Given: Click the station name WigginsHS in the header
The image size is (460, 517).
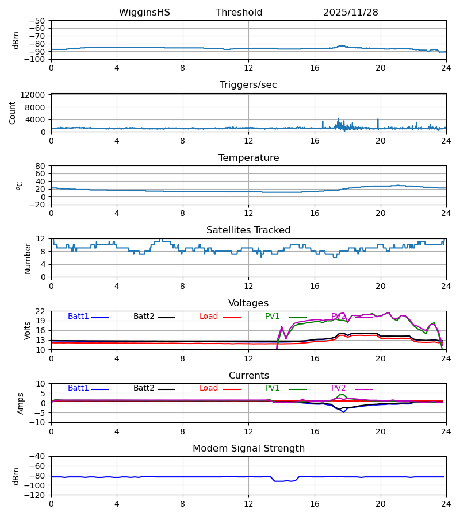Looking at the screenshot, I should tap(144, 13).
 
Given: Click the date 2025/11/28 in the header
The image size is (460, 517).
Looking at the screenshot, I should tap(350, 13).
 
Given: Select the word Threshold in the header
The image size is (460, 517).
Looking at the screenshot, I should tap(239, 13).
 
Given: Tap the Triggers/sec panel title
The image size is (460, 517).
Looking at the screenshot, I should tap(248, 85).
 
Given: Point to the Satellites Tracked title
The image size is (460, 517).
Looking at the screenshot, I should tap(248, 230).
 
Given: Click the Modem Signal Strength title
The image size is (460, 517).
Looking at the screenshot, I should tap(248, 449).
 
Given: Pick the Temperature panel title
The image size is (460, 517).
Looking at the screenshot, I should tap(248, 158).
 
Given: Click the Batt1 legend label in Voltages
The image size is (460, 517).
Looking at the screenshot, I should tap(78, 317).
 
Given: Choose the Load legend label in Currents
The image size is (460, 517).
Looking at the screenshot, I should tap(209, 388).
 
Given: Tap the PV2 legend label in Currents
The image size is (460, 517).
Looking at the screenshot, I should tap(339, 388).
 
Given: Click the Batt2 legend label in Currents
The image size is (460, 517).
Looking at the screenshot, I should tap(144, 388).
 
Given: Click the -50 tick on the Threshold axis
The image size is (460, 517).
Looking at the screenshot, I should tap(39, 21).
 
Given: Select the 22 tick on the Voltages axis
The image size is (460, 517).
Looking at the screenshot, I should tap(41, 311).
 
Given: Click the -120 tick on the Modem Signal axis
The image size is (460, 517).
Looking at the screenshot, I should tap(37, 495).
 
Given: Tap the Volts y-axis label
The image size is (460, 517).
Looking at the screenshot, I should tap(28, 330).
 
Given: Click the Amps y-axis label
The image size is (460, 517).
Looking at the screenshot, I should tap(21, 403).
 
